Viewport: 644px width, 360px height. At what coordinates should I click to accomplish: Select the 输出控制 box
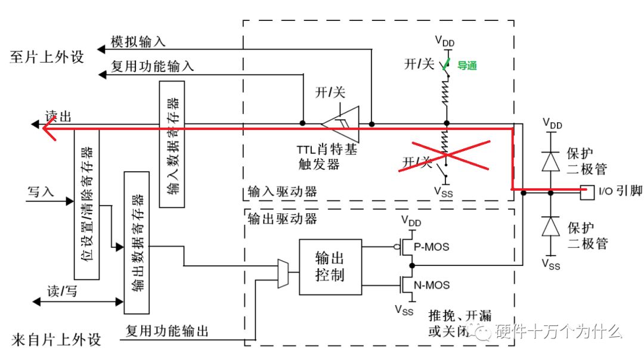coord(330,267)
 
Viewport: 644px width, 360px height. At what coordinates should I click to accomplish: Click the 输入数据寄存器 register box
coord(172,143)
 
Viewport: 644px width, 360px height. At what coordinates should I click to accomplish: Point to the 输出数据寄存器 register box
coord(137,242)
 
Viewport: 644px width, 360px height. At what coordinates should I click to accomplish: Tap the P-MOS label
coord(432,247)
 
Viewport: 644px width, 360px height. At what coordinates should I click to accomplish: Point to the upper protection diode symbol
coord(550,160)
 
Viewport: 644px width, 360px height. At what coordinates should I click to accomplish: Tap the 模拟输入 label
coord(138,42)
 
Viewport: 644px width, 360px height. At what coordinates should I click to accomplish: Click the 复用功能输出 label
coord(167,331)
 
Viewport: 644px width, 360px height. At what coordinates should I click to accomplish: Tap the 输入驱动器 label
coord(281,193)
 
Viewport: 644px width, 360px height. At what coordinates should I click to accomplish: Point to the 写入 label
coord(41,192)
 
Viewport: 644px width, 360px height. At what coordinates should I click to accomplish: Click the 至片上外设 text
coord(47,57)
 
